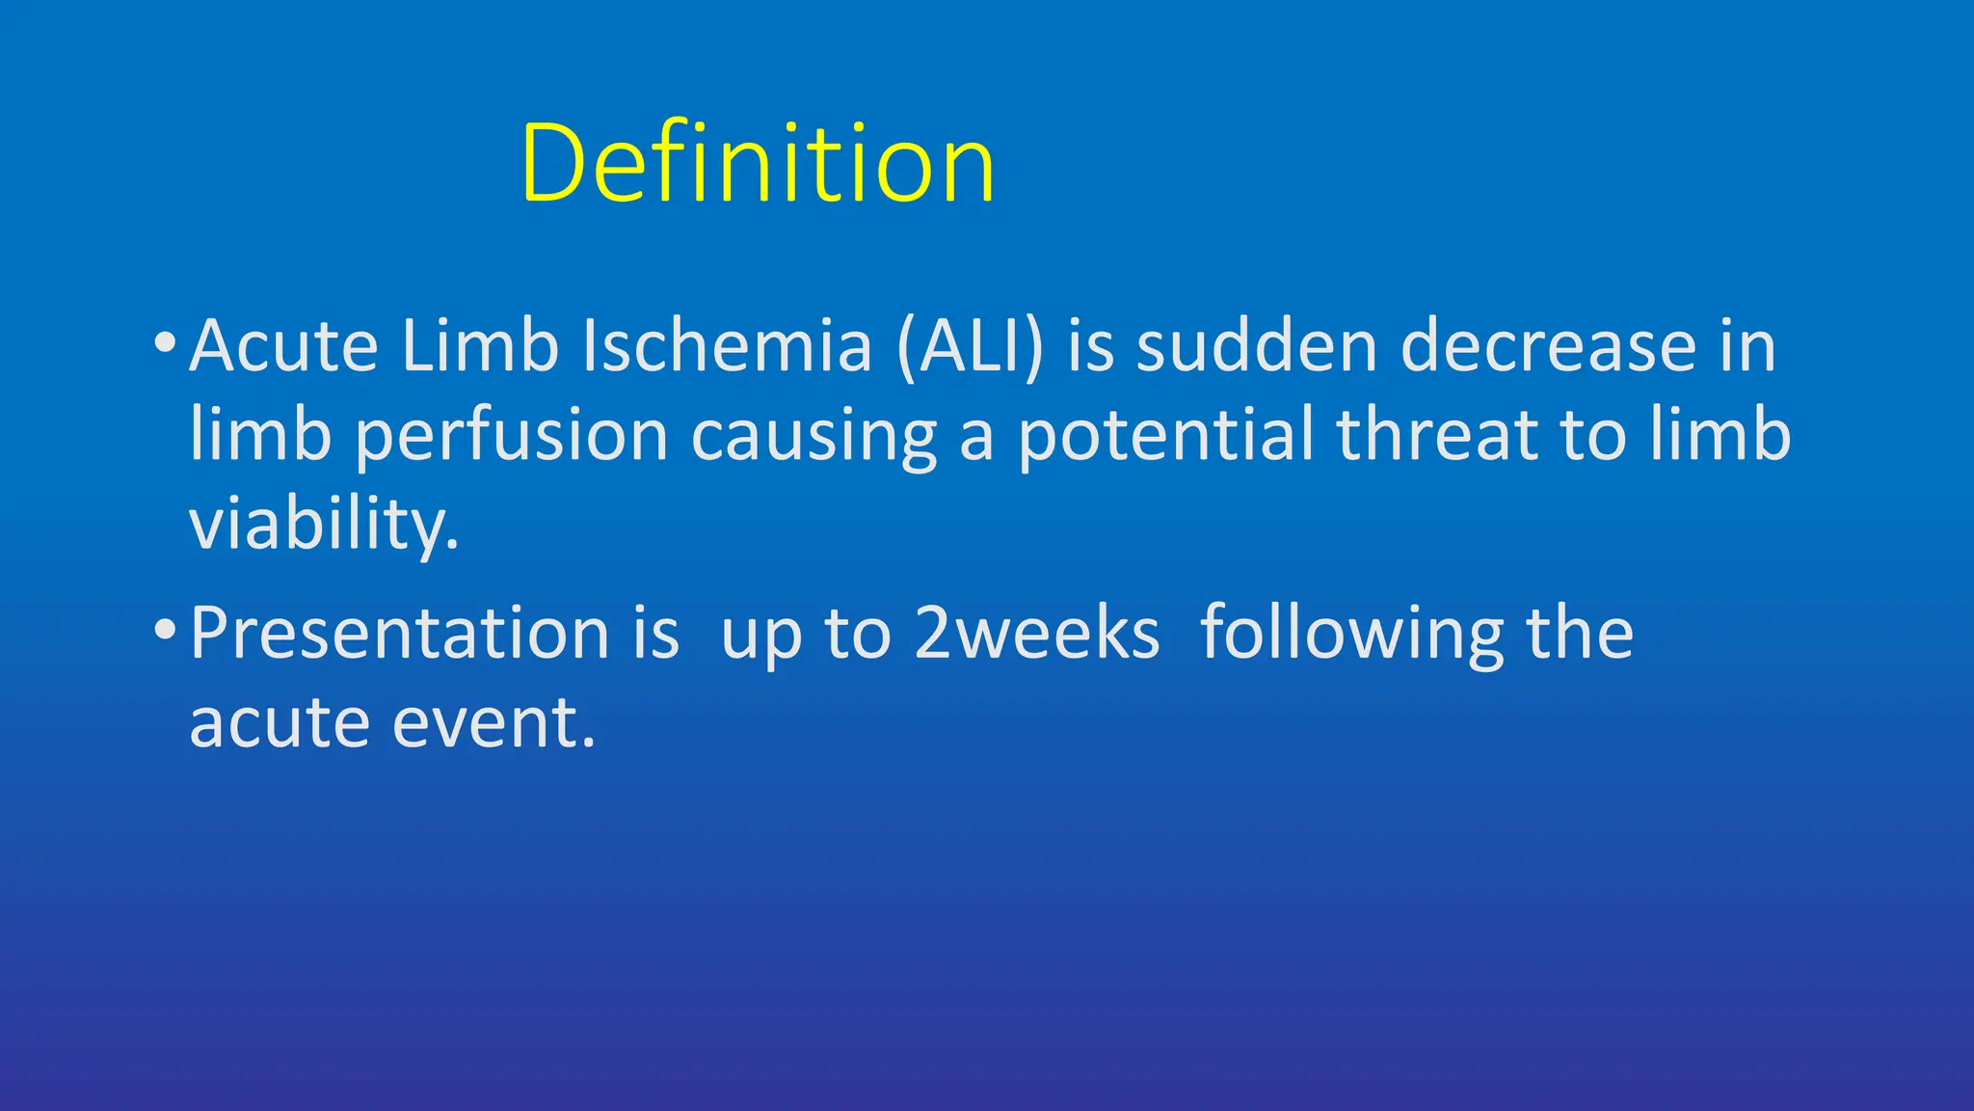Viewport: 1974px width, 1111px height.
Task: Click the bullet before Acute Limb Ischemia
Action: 165,342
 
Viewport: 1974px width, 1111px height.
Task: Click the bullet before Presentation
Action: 165,631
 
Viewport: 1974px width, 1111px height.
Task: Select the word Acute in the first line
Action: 283,346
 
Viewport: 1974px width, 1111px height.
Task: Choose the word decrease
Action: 1548,346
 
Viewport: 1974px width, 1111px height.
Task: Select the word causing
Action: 814,436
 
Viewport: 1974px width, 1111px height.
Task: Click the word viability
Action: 323,526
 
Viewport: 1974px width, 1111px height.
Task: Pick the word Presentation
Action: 399,635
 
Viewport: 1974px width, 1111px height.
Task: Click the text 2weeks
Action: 1036,635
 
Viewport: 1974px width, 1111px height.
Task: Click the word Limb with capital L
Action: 479,346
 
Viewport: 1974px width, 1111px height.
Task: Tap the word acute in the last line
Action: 280,723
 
